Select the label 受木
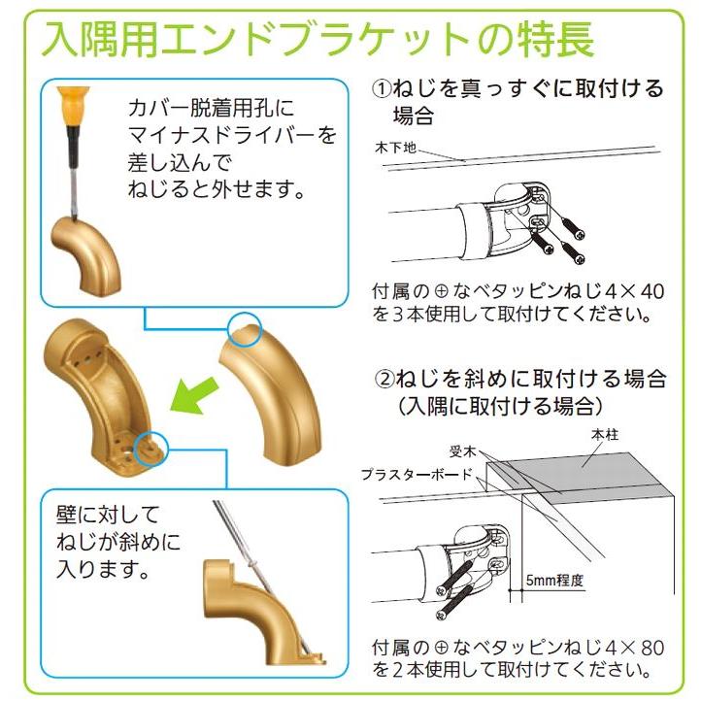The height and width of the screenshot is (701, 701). (462, 451)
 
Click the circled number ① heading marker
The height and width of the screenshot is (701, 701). (382, 89)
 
